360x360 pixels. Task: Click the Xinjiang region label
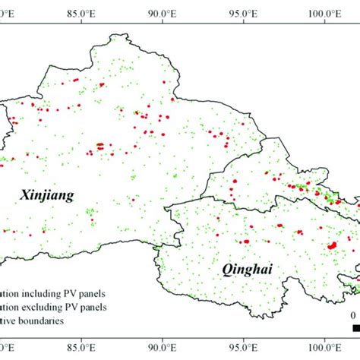(x=46, y=196)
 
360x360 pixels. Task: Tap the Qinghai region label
(x=246, y=270)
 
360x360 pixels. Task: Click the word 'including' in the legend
(x=39, y=292)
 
